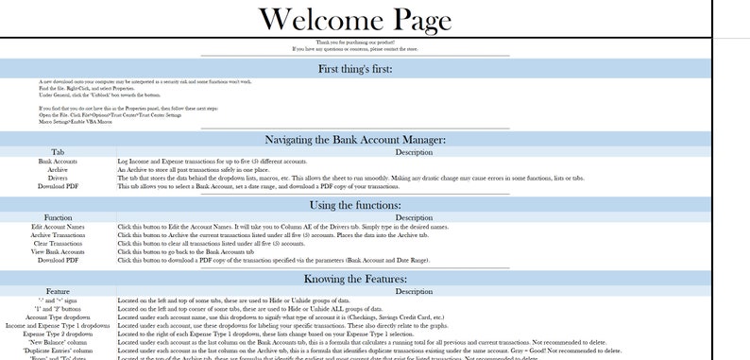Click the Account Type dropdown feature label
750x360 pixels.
pos(57,317)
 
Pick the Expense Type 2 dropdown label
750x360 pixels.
pos(57,334)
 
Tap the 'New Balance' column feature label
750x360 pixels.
pos(57,342)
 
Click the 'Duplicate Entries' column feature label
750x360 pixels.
pos(57,351)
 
